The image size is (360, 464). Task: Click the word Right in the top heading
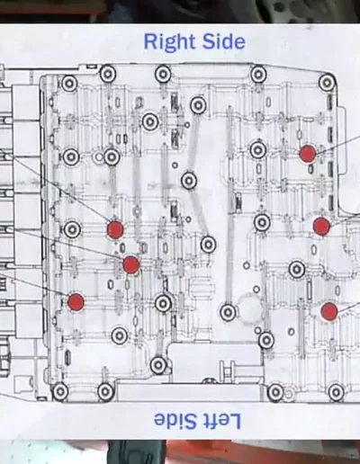point(170,43)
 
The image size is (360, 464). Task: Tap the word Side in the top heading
point(224,41)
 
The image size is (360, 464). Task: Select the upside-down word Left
point(218,421)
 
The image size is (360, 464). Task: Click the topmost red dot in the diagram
point(308,154)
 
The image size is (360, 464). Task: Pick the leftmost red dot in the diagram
point(76,302)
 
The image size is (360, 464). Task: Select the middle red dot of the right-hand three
point(321,226)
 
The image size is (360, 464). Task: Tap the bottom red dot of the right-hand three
point(329,311)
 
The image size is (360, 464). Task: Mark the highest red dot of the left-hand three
point(115,229)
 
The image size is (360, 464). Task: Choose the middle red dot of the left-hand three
point(131,264)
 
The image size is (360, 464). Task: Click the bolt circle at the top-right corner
point(327,82)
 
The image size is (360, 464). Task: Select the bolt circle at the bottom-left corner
point(60,391)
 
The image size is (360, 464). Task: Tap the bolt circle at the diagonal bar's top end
point(198,105)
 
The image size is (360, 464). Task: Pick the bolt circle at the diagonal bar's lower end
point(208,245)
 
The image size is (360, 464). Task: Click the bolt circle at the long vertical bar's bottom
point(229,312)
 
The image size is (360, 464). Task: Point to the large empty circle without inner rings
point(250,308)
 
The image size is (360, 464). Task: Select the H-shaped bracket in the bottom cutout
point(228,369)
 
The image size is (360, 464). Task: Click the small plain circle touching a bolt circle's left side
point(99,156)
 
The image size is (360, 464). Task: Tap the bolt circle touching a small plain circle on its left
point(112,156)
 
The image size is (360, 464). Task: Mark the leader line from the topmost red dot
point(338,144)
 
